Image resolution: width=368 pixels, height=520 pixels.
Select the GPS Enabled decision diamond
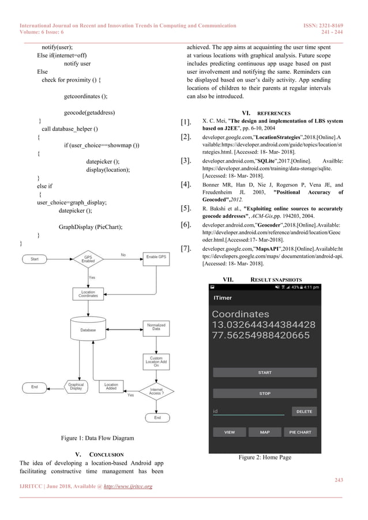pos(88,259)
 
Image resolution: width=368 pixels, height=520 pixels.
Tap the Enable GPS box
pos(156,257)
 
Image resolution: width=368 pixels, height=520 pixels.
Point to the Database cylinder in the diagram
pos(88,329)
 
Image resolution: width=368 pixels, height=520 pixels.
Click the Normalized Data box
pos(156,326)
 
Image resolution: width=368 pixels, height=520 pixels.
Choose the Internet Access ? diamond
pos(156,392)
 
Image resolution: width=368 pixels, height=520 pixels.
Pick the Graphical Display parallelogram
pos(76,387)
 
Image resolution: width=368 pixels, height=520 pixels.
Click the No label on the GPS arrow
pos(123,254)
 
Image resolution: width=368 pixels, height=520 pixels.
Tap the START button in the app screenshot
pos(265,372)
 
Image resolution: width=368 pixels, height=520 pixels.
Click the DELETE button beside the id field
pos(304,412)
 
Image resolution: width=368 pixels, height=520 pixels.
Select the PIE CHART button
pos(300,432)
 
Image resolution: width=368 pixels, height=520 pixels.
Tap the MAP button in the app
pos(265,432)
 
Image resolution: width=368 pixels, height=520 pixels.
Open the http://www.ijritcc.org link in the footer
pos(125,487)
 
